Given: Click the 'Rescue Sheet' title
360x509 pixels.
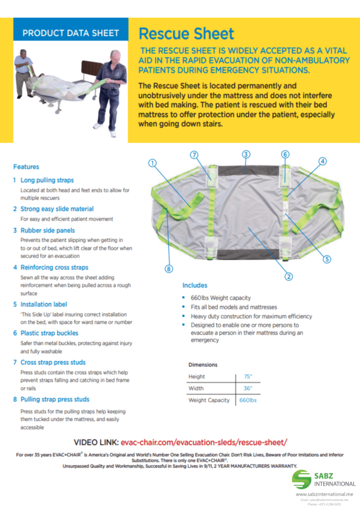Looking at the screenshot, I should [x=186, y=34].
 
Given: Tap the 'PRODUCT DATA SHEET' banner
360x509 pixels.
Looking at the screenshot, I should [x=71, y=33].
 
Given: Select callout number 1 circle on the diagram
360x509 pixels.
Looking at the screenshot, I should [x=153, y=163].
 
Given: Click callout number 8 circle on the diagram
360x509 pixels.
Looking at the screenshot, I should [x=169, y=269].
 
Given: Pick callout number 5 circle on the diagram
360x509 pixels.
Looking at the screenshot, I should [x=327, y=258].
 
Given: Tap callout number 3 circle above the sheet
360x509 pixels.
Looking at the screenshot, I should [x=246, y=154].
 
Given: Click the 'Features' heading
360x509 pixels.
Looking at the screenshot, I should [x=26, y=167].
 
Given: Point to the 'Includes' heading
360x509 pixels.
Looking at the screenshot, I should [x=194, y=285].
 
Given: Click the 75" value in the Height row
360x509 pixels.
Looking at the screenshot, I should [x=248, y=376].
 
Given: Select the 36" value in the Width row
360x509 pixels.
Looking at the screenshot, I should [x=248, y=388].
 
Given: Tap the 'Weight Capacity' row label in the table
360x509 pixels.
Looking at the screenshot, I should [x=209, y=400].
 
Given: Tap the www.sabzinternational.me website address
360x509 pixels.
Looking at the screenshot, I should [x=324, y=495].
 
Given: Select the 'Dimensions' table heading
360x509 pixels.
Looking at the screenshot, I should [x=203, y=364].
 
